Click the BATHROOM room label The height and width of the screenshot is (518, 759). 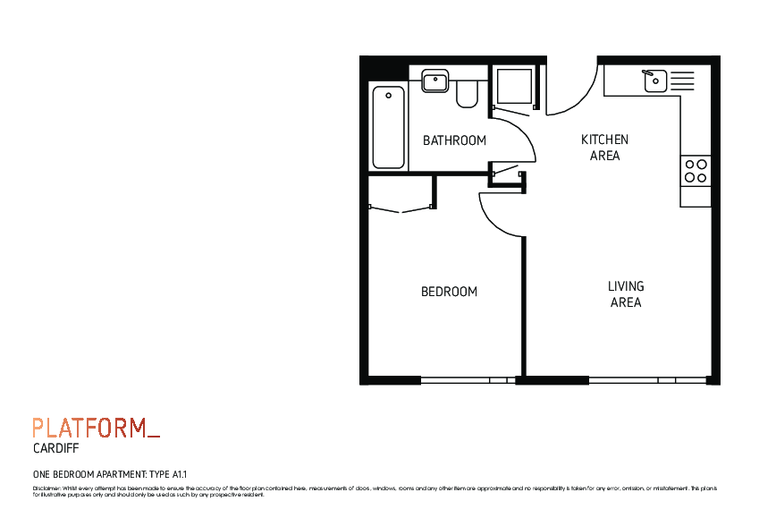(x=454, y=140)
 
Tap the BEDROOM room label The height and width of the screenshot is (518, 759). (x=449, y=292)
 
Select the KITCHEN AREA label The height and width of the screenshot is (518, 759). (x=604, y=148)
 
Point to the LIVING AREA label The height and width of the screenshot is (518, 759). (x=626, y=294)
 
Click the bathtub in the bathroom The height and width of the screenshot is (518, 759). (x=389, y=127)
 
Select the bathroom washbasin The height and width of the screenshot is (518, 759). (x=434, y=81)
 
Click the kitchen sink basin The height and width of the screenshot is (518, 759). (x=654, y=81)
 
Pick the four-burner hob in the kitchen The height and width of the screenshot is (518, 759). (x=696, y=171)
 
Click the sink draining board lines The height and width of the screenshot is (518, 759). (x=681, y=81)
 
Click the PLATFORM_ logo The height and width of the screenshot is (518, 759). (x=96, y=428)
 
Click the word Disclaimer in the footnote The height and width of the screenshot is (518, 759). (x=46, y=488)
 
